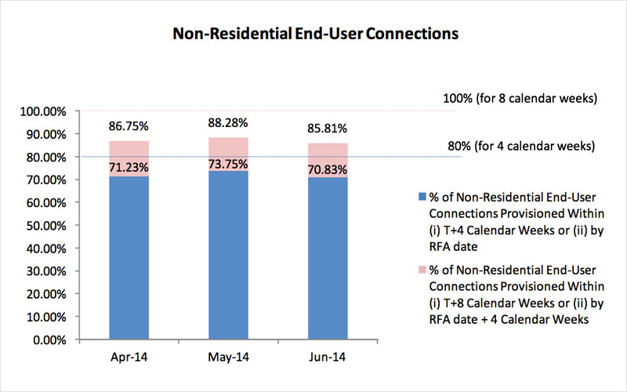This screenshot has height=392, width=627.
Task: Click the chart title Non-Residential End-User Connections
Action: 314,34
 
